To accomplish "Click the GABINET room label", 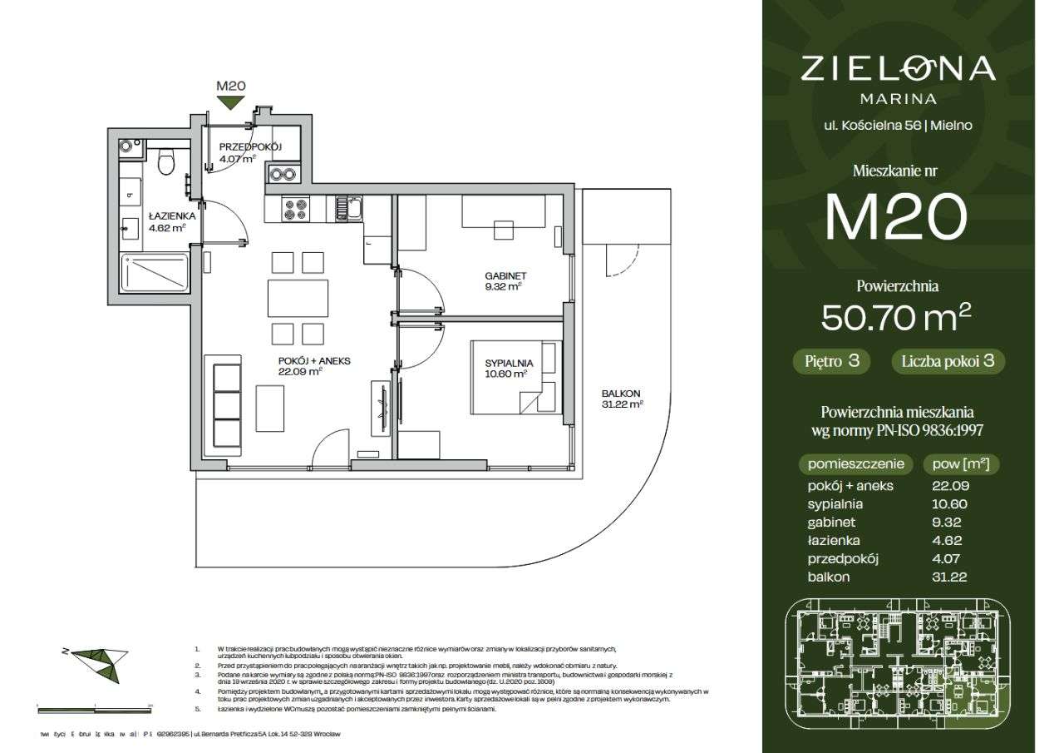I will click(x=505, y=276).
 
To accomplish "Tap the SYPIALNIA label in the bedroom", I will click(x=509, y=363).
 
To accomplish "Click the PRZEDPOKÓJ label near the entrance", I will click(x=250, y=147).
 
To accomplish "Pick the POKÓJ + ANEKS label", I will click(x=314, y=361).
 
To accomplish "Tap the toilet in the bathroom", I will click(x=166, y=161).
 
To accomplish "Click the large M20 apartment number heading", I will click(x=896, y=216).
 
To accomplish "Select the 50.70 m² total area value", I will click(x=896, y=317).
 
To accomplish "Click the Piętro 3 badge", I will click(x=831, y=362).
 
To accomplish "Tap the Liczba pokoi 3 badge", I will click(x=948, y=362).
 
